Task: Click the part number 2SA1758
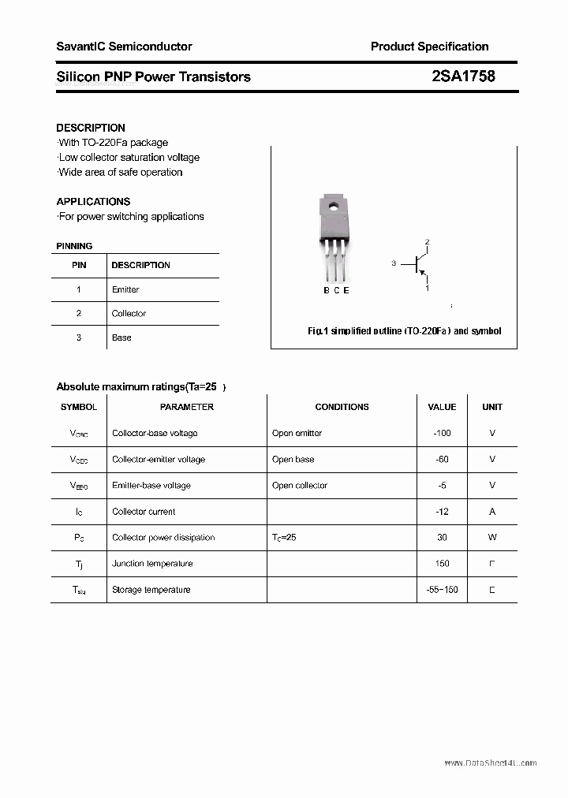click(x=463, y=76)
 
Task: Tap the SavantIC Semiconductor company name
click(x=124, y=47)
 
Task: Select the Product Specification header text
click(x=429, y=47)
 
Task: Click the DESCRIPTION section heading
click(x=91, y=128)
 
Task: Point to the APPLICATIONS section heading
click(x=93, y=201)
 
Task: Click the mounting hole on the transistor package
click(x=334, y=209)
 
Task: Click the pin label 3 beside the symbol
click(x=394, y=263)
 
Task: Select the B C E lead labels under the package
click(x=336, y=290)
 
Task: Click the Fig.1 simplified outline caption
click(x=404, y=331)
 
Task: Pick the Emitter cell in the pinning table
click(x=125, y=289)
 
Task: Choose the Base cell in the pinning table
click(x=121, y=337)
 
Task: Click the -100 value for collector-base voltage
click(x=442, y=433)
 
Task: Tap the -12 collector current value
click(x=442, y=511)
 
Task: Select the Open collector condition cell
click(x=300, y=485)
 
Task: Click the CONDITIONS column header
click(x=342, y=407)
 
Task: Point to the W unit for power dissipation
click(x=492, y=537)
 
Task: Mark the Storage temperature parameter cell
click(x=151, y=589)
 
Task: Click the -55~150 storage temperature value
click(x=442, y=589)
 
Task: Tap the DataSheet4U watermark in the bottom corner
click(x=490, y=763)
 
